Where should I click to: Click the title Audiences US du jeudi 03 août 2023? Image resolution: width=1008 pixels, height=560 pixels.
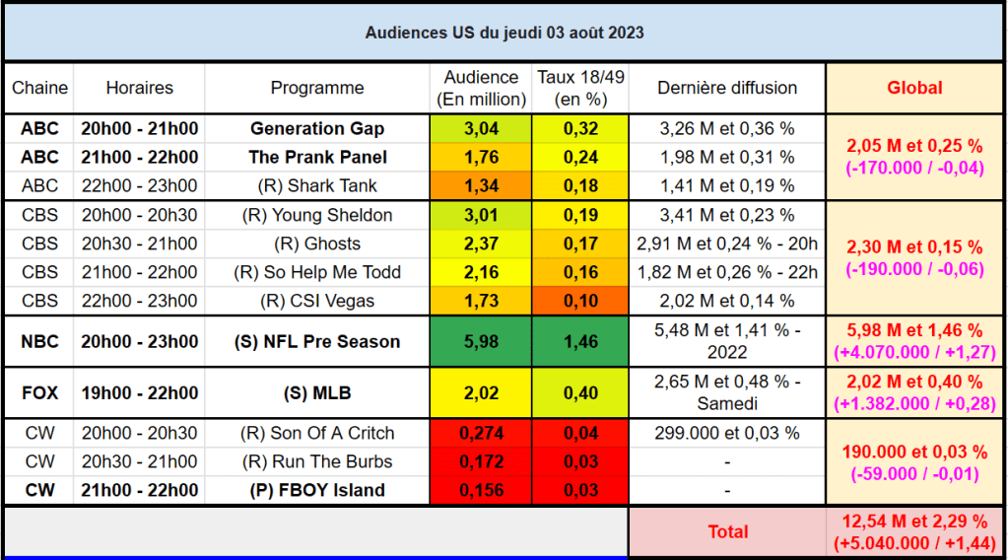(504, 32)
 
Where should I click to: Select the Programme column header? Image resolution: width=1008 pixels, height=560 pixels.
(317, 88)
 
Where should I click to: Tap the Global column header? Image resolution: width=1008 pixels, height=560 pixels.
(914, 88)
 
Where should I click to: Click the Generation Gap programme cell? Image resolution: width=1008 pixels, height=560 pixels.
(317, 128)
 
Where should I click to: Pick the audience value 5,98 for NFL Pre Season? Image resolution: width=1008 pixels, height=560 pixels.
(481, 341)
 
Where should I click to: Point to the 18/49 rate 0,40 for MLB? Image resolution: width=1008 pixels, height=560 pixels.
(579, 392)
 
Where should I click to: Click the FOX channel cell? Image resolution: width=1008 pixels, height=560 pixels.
(40, 392)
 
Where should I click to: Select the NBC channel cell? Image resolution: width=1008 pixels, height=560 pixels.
(40, 341)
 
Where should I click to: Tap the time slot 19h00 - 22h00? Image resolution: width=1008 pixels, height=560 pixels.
(139, 392)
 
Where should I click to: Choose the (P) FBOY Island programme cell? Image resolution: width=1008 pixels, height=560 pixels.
(317, 490)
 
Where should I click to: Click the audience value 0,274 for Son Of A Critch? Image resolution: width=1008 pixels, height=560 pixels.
(481, 433)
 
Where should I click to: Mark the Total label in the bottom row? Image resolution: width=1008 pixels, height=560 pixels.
(727, 531)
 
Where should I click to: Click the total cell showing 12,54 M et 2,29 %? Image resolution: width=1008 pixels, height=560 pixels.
(914, 531)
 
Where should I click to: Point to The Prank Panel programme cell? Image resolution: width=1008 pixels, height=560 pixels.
(317, 157)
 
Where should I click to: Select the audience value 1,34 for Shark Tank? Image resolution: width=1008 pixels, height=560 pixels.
(481, 185)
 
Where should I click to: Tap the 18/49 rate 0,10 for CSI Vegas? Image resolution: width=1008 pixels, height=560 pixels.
(579, 301)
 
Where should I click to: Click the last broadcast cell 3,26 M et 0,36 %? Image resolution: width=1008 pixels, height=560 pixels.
(727, 128)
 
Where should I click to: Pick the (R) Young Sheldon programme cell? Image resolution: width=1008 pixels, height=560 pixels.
(317, 215)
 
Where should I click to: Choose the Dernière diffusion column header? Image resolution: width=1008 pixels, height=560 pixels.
(727, 88)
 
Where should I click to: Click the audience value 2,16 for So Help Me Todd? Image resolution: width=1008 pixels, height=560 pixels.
(481, 272)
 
